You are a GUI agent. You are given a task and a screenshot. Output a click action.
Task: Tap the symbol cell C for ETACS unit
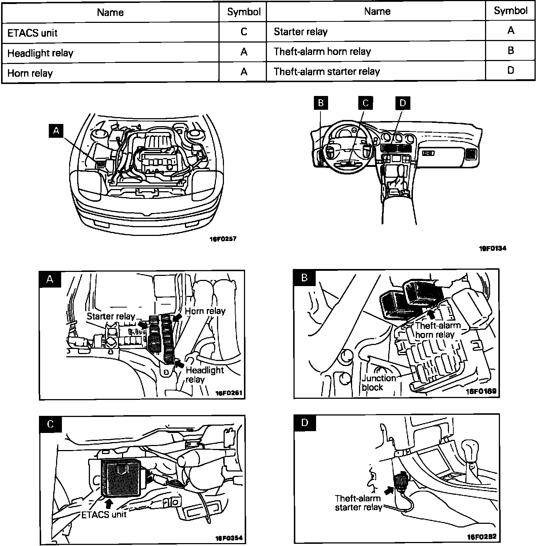(244, 32)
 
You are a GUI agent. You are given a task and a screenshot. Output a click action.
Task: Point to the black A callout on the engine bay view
(56, 131)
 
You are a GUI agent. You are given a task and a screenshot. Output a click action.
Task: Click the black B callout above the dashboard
(320, 103)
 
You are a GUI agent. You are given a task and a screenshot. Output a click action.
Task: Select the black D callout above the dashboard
(402, 103)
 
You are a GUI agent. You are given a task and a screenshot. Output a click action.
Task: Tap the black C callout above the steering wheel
(365, 103)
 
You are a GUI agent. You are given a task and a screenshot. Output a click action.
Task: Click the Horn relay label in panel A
(205, 311)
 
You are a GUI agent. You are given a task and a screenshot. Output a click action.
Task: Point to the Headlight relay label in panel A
(204, 375)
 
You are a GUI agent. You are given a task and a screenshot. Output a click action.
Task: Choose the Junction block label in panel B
(378, 382)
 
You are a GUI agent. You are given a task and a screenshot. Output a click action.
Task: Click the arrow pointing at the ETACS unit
(108, 503)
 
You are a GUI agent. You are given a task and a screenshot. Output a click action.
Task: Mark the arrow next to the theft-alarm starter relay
(389, 490)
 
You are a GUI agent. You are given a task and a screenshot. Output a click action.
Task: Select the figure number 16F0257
(223, 239)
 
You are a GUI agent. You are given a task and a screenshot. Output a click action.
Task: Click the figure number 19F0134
(492, 249)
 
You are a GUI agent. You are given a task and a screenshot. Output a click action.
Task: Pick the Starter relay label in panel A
(111, 316)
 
